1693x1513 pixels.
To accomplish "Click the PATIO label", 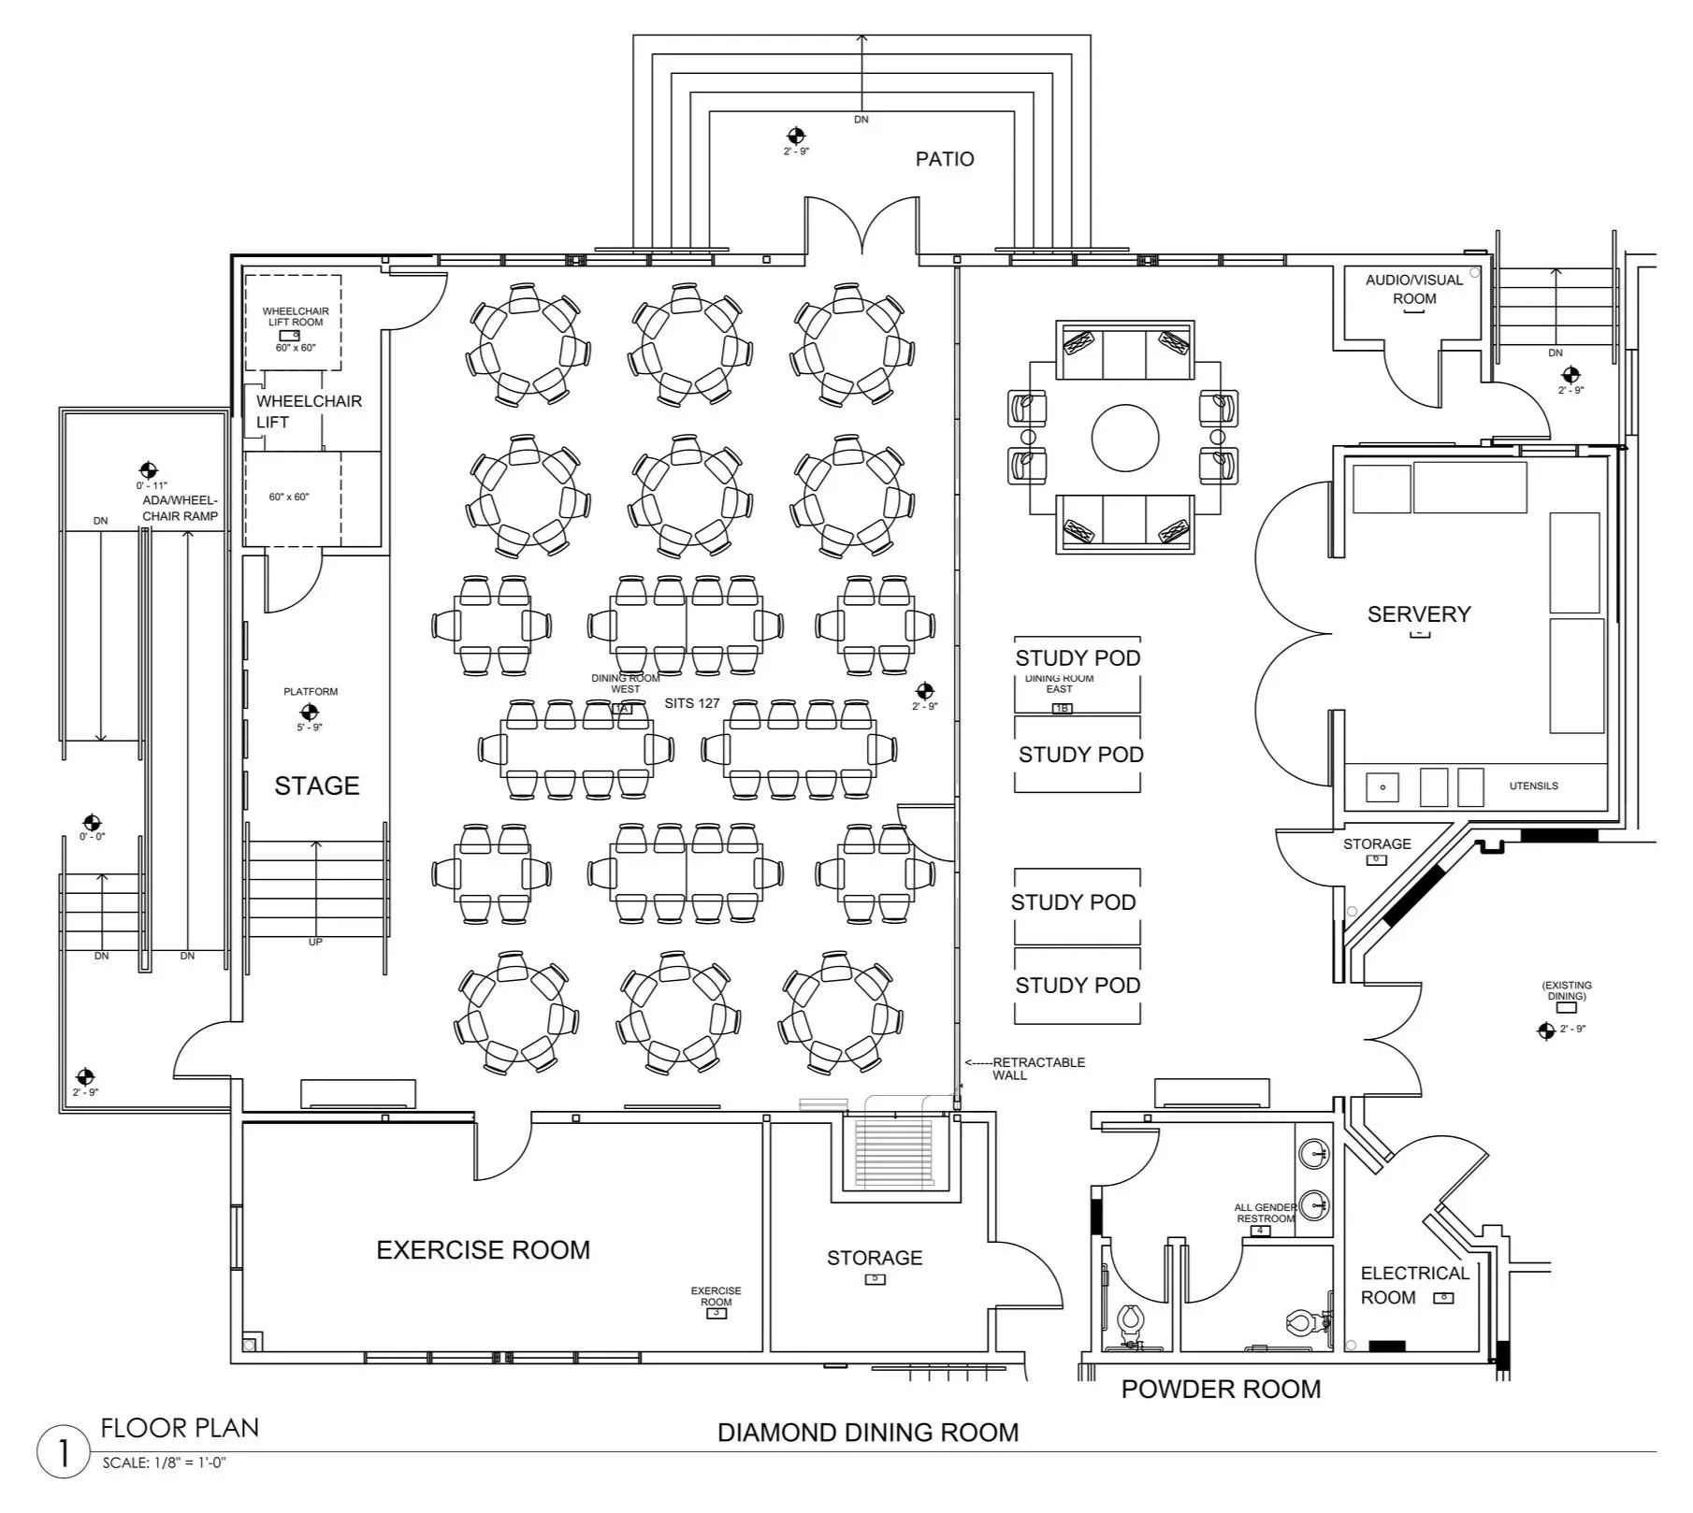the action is coord(945,159).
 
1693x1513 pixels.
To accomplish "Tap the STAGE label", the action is coord(316,785).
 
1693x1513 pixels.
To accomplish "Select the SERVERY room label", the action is coord(1419,614).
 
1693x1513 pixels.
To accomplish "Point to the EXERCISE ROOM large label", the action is coord(483,1250).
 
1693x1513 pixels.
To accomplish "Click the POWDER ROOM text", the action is coord(1221,1390).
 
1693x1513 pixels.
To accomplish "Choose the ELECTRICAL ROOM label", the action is coord(1414,1286).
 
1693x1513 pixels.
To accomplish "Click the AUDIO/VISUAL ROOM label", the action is coord(1414,289).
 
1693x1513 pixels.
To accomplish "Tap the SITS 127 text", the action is coord(692,703).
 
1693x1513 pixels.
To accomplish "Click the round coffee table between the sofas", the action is coord(1125,438).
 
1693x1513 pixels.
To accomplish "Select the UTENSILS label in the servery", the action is coord(1534,786).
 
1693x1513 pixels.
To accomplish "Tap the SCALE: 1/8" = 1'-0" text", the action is coord(165,1463).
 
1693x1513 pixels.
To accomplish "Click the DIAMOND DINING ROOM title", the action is coord(868,1433).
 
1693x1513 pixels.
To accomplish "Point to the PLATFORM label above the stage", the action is coord(311,692).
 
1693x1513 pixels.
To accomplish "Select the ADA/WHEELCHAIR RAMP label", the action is coord(180,509).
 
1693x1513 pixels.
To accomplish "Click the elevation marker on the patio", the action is coord(796,136).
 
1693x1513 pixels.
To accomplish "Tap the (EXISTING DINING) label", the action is coord(1567,991).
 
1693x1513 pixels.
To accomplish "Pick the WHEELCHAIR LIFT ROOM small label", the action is coord(296,316).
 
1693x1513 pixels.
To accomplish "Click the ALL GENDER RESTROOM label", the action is coord(1266,1213).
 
